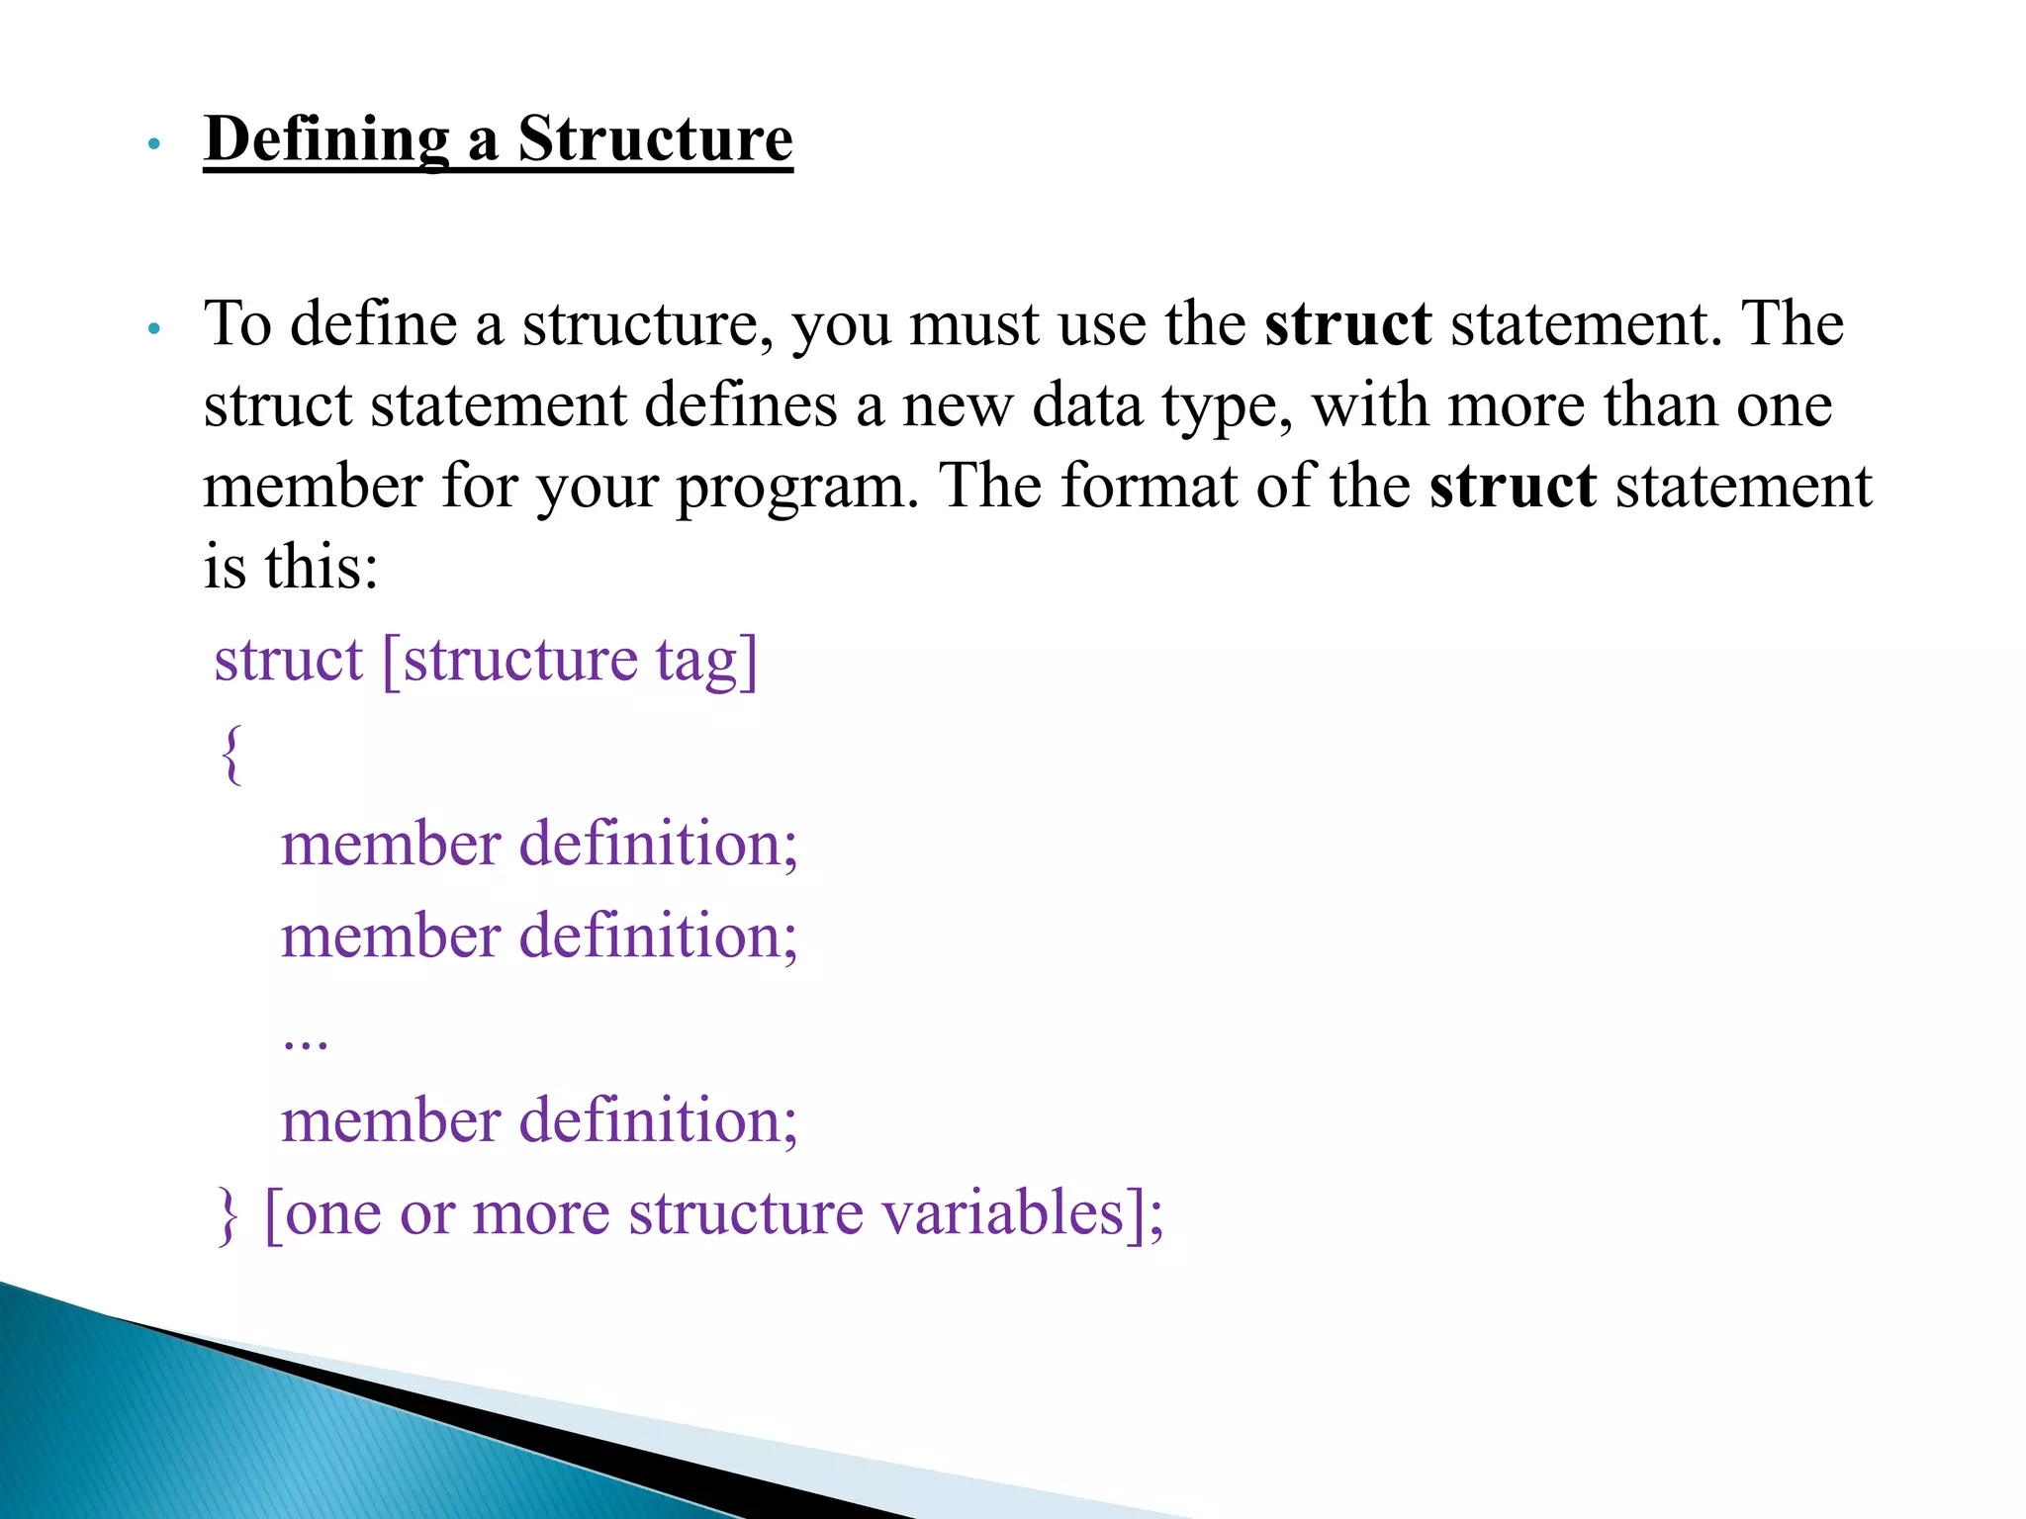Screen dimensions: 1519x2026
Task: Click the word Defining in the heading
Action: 326,139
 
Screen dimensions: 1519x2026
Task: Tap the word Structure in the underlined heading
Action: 655,139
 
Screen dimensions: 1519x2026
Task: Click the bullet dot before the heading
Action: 152,145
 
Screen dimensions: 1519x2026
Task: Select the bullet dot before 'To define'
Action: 152,329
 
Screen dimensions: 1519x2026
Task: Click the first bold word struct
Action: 1347,324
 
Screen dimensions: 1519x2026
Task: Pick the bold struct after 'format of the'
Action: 1512,487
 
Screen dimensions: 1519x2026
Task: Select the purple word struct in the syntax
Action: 289,661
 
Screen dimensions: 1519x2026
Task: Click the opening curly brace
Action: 231,755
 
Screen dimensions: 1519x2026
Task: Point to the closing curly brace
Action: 228,1215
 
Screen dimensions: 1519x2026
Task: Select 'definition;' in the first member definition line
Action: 658,845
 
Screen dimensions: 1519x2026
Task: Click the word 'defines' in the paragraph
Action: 741,405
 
